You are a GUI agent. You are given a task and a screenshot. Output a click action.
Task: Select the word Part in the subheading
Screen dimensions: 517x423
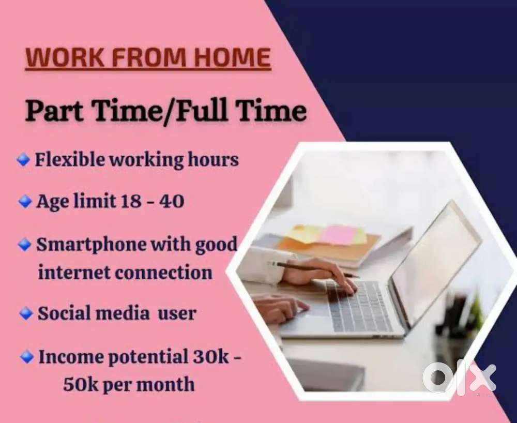coord(54,111)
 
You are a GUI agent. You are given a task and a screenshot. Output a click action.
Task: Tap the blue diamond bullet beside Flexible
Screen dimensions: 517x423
coord(23,160)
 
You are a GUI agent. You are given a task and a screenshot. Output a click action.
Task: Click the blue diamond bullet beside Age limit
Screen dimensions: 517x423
coord(25,201)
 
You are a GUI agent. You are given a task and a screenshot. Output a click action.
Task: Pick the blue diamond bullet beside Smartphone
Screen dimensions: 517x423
coord(24,244)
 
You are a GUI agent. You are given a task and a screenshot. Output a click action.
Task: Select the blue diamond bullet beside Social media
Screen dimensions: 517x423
coord(26,313)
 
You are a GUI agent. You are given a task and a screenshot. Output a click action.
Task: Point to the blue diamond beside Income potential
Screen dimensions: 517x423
coord(27,357)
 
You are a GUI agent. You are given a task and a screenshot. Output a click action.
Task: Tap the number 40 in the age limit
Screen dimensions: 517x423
coord(172,201)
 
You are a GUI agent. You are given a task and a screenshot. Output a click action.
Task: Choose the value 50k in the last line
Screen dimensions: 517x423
coord(81,384)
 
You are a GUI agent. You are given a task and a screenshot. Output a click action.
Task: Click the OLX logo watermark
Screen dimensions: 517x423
coord(459,378)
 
